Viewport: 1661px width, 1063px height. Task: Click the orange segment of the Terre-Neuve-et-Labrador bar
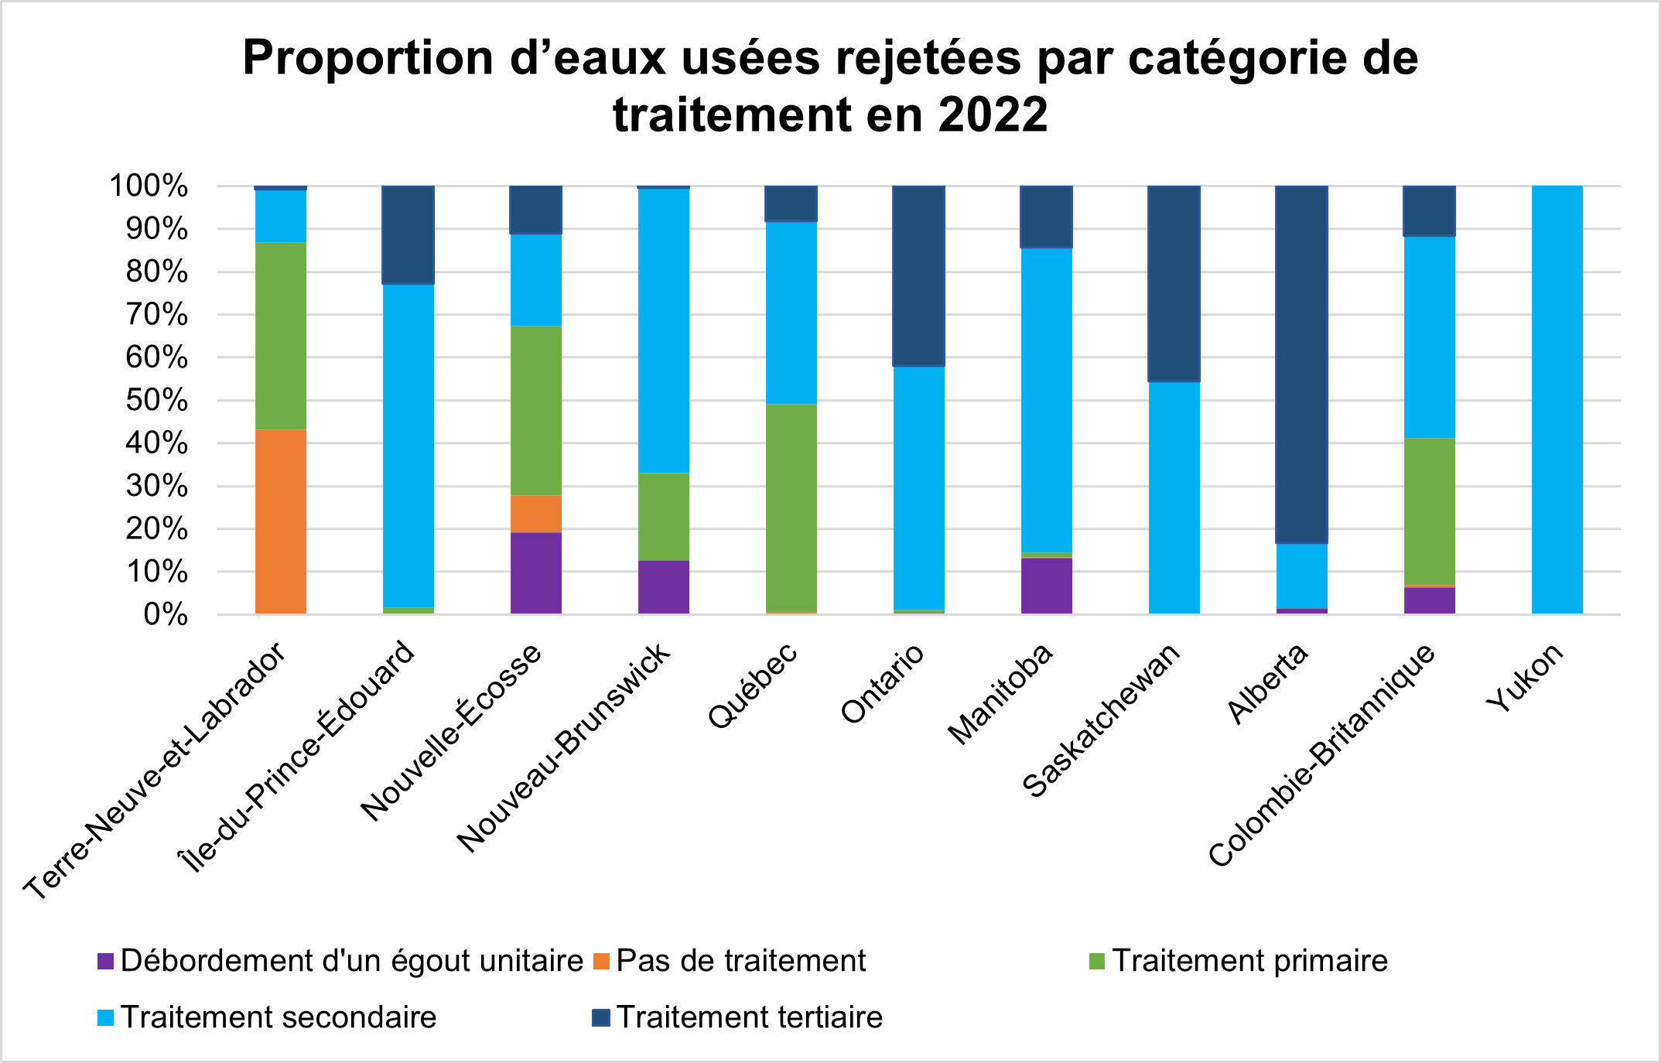[x=280, y=521]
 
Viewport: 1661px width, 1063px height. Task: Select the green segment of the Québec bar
[x=791, y=508]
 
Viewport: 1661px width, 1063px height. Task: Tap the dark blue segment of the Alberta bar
[x=1301, y=364]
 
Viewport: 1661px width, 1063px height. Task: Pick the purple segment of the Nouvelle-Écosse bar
[x=535, y=573]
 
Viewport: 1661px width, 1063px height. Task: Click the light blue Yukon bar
[x=1557, y=400]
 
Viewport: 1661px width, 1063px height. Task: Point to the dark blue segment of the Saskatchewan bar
[x=1174, y=284]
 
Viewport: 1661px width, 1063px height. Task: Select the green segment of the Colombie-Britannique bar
[x=1429, y=511]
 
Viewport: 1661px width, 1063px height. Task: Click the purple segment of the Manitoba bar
[x=1046, y=586]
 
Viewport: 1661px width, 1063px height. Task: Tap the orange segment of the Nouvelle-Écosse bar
[x=535, y=514]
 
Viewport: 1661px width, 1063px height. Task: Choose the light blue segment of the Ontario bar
[x=918, y=488]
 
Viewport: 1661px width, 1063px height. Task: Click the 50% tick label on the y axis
[x=158, y=401]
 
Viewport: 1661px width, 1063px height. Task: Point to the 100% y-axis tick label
[x=149, y=186]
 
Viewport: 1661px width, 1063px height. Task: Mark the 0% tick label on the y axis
[x=166, y=615]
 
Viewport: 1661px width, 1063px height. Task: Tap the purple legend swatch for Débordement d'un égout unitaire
[x=106, y=962]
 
